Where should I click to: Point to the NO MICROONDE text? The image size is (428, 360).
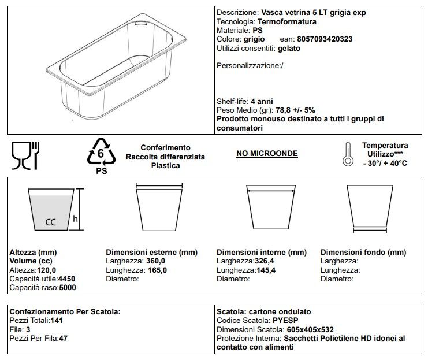(x=267, y=153)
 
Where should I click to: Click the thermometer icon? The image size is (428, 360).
(x=347, y=154)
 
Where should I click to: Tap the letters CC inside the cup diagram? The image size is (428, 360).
(x=50, y=221)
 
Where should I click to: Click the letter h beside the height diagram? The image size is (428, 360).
(x=75, y=218)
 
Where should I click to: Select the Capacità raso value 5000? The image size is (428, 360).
(x=67, y=287)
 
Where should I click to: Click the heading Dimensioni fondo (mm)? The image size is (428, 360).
(x=363, y=253)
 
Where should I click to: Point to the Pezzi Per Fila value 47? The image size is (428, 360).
(x=63, y=338)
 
